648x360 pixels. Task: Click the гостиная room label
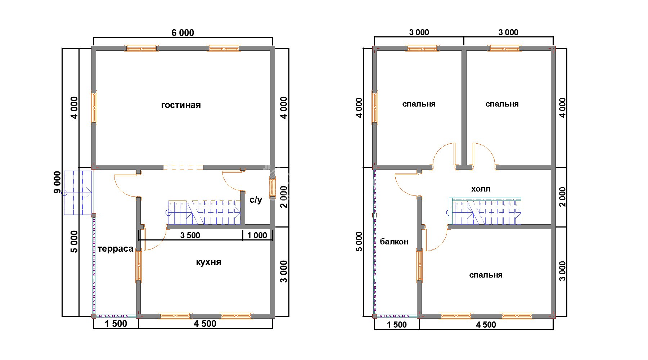[x=181, y=105]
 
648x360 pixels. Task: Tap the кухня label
[x=208, y=262]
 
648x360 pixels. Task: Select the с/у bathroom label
[x=256, y=200]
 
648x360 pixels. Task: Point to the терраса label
[x=115, y=249]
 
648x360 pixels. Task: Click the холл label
[x=481, y=189]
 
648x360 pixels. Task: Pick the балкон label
[x=394, y=242]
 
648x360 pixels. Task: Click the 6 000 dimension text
[x=183, y=33]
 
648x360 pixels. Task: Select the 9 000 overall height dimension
[x=58, y=182]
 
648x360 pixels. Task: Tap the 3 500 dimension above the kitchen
[x=190, y=235]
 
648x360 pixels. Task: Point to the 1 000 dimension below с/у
[x=257, y=235]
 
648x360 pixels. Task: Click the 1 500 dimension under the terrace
[x=116, y=324]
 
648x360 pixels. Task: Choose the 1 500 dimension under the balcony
[x=397, y=325]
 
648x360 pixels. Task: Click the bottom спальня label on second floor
[x=486, y=275]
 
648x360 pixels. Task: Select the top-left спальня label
[x=419, y=104]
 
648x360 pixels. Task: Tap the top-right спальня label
[x=502, y=104]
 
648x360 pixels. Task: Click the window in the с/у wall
[x=272, y=188]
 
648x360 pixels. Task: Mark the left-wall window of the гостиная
[x=94, y=107]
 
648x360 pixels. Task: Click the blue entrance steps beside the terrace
[x=78, y=193]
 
